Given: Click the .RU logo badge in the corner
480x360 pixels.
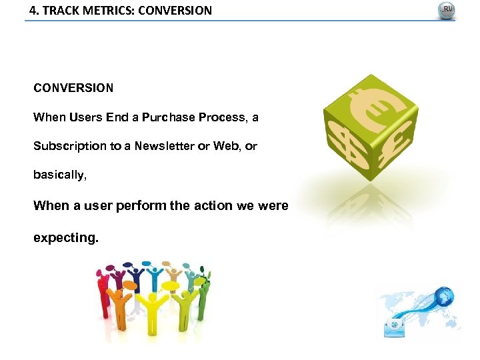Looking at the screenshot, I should point(446,11).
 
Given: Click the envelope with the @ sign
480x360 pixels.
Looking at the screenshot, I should point(394,325).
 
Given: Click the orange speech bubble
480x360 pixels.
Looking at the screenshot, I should point(129,286).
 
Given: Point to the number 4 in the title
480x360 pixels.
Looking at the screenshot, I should point(33,11).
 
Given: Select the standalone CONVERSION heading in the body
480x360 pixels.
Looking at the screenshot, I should point(73,88).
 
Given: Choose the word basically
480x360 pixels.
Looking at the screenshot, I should point(59,175).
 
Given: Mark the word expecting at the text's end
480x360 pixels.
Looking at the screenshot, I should point(65,237).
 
